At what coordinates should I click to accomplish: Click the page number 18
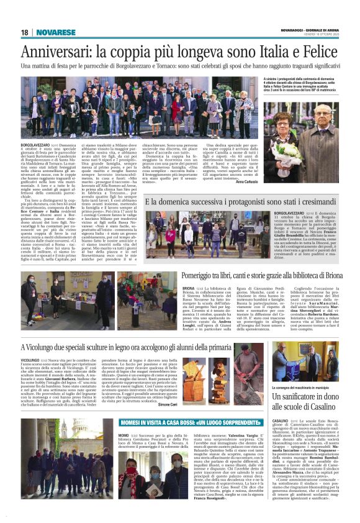pos(25,32)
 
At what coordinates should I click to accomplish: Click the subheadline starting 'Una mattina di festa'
pos(179,65)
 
